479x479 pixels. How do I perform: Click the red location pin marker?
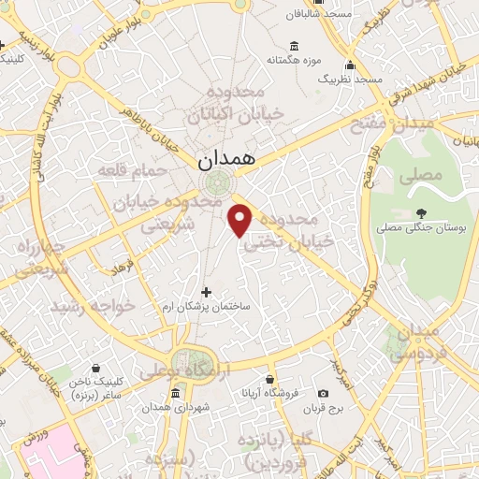click(240, 219)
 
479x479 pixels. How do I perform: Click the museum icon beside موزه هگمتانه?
click(295, 46)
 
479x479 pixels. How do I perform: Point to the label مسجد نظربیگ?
click(351, 80)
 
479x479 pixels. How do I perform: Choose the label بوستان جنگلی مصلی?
click(417, 227)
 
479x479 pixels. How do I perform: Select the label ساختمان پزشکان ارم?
click(207, 309)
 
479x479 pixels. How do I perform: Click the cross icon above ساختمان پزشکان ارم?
click(207, 292)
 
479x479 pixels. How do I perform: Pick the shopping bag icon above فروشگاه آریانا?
click(269, 380)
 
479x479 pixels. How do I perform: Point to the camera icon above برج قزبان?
click(324, 395)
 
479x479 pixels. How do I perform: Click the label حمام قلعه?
click(132, 172)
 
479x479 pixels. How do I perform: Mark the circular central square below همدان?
click(223, 184)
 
